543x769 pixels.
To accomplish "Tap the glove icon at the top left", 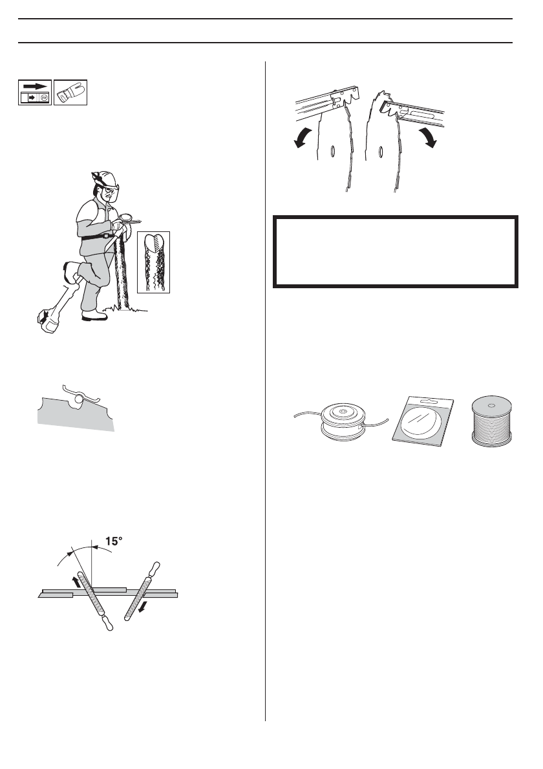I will click(x=70, y=93).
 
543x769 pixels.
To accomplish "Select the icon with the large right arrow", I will click(x=34, y=93).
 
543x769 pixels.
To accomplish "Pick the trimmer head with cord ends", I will click(x=342, y=421).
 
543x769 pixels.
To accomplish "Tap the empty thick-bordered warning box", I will click(x=395, y=251).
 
